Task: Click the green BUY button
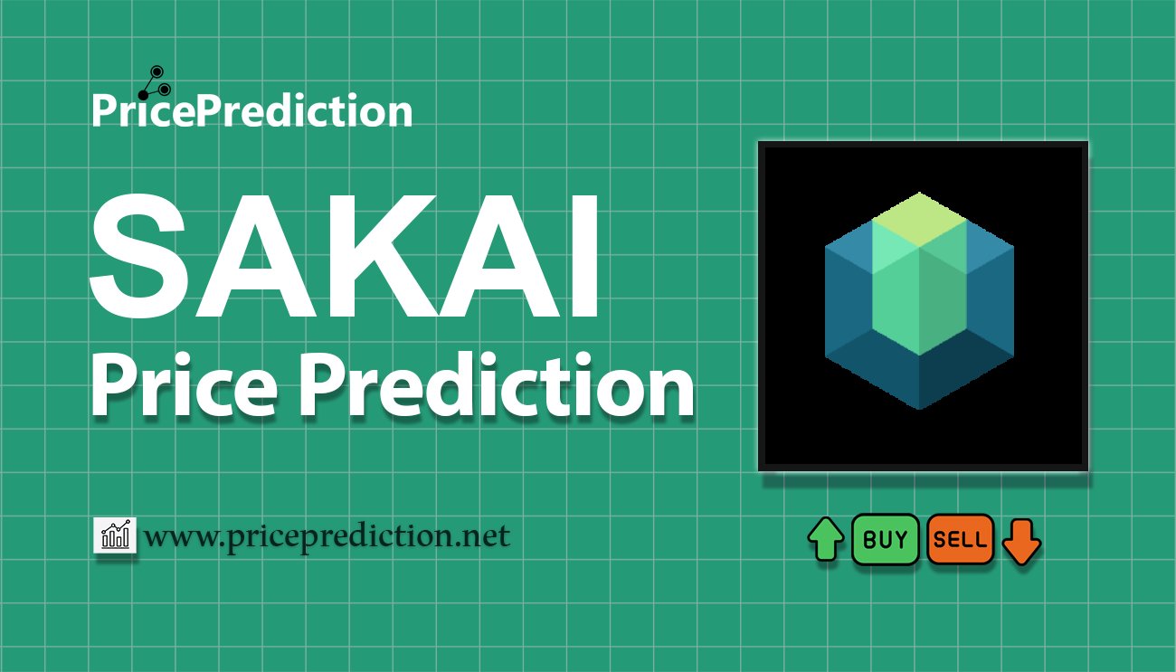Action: pos(885,539)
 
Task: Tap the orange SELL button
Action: pos(961,539)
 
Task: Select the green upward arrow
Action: pos(826,539)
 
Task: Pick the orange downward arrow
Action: pos(1021,542)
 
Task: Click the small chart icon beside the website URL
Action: pos(115,535)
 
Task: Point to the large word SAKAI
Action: pos(345,256)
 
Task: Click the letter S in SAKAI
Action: pos(138,256)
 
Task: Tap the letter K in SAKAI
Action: pos(378,256)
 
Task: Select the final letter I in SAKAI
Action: pos(583,256)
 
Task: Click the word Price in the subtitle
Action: pos(185,384)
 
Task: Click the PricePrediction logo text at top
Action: pos(252,110)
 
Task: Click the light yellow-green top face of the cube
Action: pos(919,220)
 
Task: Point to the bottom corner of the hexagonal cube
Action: pos(919,409)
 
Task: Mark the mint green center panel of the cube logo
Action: pos(919,294)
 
